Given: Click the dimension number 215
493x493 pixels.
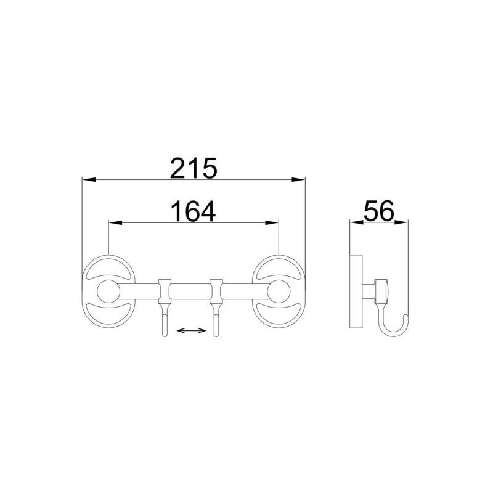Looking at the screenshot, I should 194,168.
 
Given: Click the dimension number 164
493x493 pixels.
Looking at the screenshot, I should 194,211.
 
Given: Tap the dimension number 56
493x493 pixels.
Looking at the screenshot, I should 378,211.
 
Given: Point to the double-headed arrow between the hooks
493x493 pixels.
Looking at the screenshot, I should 191,332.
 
